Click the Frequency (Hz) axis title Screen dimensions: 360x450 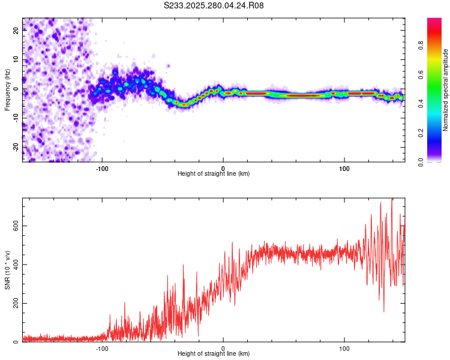pyautogui.click(x=7, y=89)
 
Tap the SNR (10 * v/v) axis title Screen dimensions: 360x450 pyautogui.click(x=7, y=269)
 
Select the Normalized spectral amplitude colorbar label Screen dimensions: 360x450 pyautogui.click(x=446, y=90)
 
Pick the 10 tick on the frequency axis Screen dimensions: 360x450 pyautogui.click(x=16, y=60)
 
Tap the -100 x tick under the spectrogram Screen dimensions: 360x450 pyautogui.click(x=102, y=168)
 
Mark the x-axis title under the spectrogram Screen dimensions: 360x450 pyautogui.click(x=214, y=174)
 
